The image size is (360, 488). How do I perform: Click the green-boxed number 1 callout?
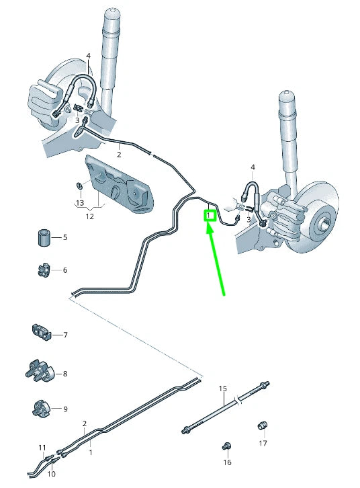pos(209,215)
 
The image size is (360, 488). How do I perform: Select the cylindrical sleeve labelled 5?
pos(44,237)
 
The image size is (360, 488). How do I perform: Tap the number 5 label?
pos(65,237)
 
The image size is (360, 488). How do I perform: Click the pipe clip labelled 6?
pos(42,270)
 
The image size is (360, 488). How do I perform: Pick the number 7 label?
pos(65,335)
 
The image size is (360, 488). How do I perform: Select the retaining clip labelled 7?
pos(41,332)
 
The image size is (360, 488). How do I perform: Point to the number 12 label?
pos(89,216)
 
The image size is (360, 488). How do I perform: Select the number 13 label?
pos(80,203)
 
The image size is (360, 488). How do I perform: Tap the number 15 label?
pos(223,389)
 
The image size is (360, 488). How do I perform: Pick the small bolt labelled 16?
pos(227,446)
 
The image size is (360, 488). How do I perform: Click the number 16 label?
pos(227,462)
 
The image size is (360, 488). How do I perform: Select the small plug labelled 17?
pos(263,425)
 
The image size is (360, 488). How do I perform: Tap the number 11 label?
pos(42,448)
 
